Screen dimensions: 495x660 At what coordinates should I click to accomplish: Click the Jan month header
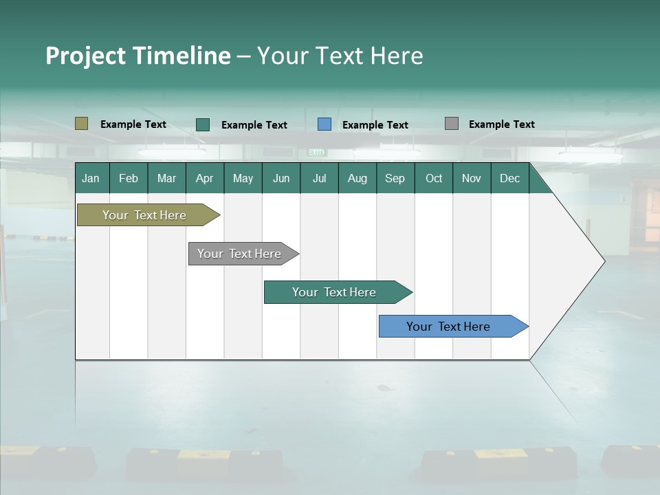[x=91, y=178]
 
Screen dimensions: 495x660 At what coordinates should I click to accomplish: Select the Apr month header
[x=205, y=178]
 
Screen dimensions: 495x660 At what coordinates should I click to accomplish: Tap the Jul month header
[x=319, y=178]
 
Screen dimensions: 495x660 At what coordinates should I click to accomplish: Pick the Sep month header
[x=395, y=178]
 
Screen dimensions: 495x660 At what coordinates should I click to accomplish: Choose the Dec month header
[x=509, y=178]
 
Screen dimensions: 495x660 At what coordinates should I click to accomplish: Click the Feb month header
[x=129, y=178]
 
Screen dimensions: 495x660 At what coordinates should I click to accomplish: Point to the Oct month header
[x=434, y=178]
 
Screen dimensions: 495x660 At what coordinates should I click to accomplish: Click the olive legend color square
[x=82, y=124]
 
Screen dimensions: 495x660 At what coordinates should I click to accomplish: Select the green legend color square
[x=203, y=124]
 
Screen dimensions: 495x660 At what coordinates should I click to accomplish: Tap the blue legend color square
[x=324, y=124]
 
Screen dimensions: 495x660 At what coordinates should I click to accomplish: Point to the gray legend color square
[x=452, y=124]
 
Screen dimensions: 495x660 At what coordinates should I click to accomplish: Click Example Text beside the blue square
[x=375, y=125]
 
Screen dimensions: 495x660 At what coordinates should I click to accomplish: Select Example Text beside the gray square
[x=502, y=124]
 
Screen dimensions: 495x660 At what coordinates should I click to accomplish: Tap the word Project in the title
[x=85, y=56]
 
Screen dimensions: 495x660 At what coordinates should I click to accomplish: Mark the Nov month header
[x=472, y=178]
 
